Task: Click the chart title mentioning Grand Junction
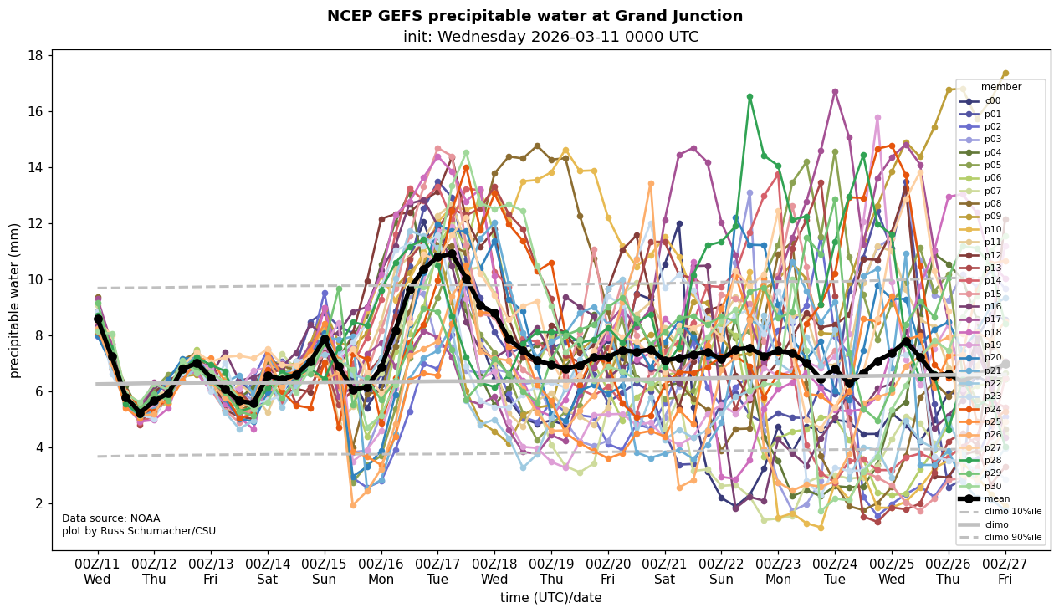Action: click(x=535, y=16)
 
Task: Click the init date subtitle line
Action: click(x=550, y=37)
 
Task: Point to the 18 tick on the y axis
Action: click(x=38, y=56)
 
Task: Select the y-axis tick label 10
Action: click(x=38, y=279)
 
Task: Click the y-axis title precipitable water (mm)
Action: click(x=16, y=300)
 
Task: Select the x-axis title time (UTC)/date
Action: click(x=550, y=598)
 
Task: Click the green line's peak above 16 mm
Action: click(x=749, y=97)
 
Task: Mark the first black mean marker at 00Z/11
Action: click(x=98, y=319)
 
